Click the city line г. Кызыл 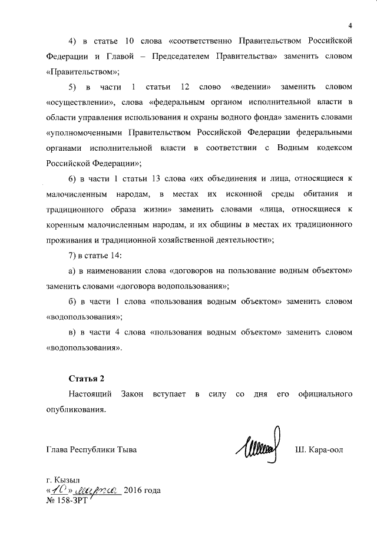click(x=67, y=480)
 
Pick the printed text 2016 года click(x=143, y=491)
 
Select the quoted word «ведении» click(x=251, y=87)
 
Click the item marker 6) click(x=73, y=178)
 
